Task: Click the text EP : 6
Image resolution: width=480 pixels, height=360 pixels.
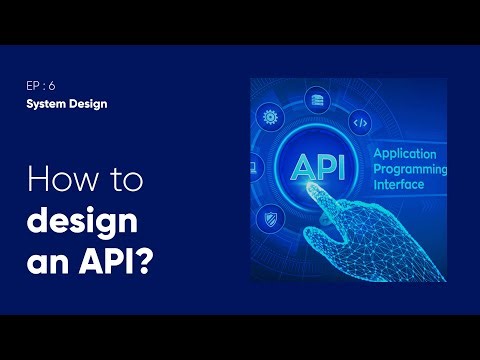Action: click(40, 86)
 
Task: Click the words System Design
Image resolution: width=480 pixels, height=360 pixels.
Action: click(66, 103)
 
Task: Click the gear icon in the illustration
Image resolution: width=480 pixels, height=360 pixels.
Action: click(269, 117)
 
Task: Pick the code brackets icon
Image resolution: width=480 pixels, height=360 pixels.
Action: click(361, 124)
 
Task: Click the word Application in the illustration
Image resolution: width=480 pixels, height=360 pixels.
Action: click(408, 155)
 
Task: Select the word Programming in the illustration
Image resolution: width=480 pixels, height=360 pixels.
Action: click(410, 171)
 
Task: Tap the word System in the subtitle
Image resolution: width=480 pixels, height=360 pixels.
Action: click(46, 103)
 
